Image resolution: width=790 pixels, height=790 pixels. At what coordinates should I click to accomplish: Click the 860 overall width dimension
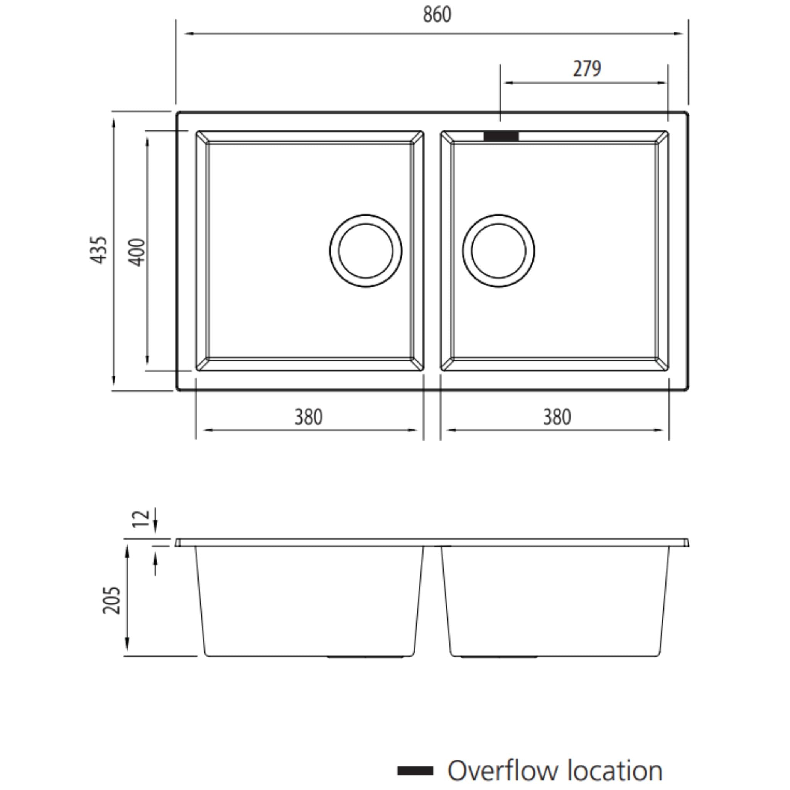coord(437,15)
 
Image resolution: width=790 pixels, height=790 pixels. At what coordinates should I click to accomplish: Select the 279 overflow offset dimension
coord(587,69)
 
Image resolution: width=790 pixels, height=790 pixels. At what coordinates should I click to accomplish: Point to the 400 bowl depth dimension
coord(138,252)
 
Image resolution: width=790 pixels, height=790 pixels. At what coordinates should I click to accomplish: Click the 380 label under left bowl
coord(309,417)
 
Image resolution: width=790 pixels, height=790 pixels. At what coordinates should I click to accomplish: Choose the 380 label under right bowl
coord(557,417)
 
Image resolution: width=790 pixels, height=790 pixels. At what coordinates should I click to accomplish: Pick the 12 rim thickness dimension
coord(142,518)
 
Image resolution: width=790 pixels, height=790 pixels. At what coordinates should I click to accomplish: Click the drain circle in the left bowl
coord(366,251)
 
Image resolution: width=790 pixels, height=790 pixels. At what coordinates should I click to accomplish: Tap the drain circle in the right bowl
coord(498,251)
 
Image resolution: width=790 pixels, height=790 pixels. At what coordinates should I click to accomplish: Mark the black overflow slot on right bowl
coord(501,137)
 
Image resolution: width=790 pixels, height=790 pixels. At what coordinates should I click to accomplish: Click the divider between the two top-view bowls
coord(432,251)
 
